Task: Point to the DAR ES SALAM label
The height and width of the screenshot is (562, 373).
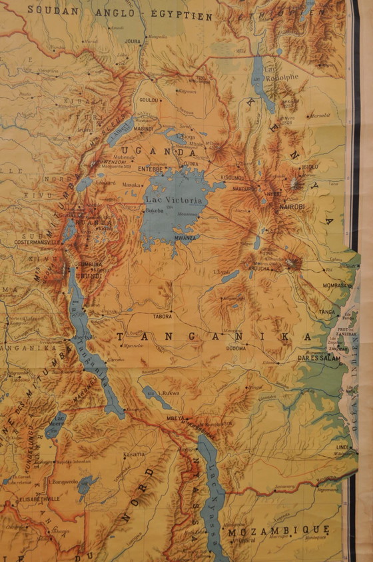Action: [x=319, y=358]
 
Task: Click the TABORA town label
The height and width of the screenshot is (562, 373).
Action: [x=163, y=316]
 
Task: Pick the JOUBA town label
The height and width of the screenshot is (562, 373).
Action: [x=134, y=40]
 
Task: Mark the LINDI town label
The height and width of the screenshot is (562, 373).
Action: [x=342, y=447]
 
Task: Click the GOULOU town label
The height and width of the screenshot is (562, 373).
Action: [x=149, y=100]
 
